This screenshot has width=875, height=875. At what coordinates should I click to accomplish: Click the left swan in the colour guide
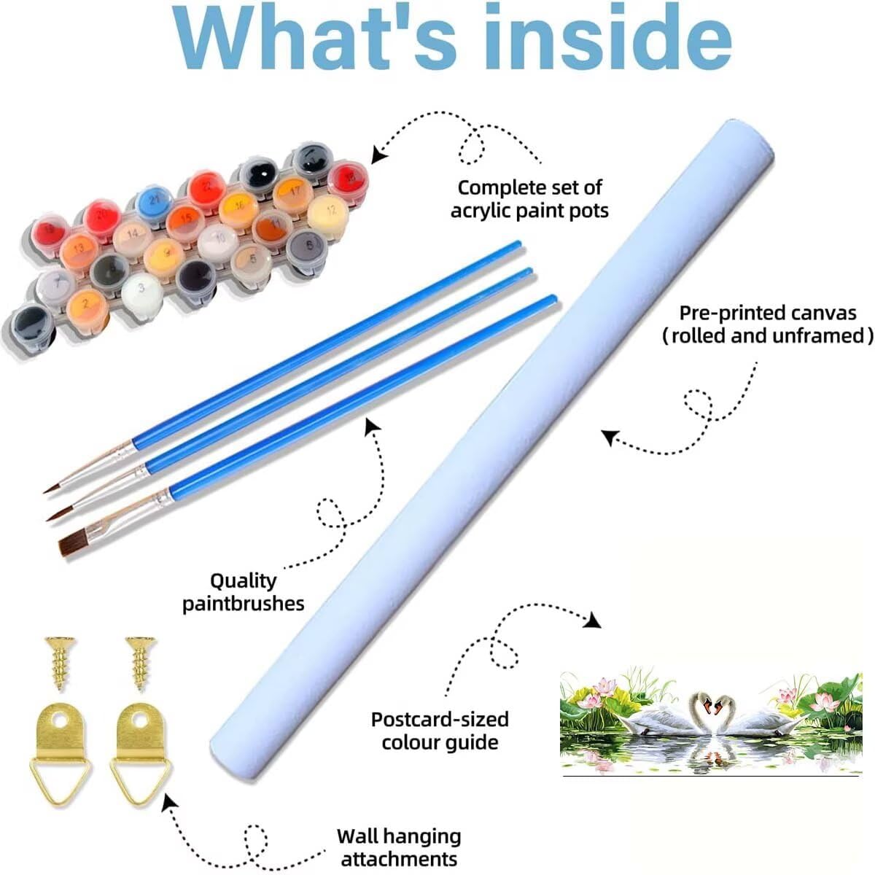tap(664, 717)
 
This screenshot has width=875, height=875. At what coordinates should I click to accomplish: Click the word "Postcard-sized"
tap(440, 719)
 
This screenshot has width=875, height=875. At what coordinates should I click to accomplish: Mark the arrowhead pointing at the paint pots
tap(380, 155)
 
